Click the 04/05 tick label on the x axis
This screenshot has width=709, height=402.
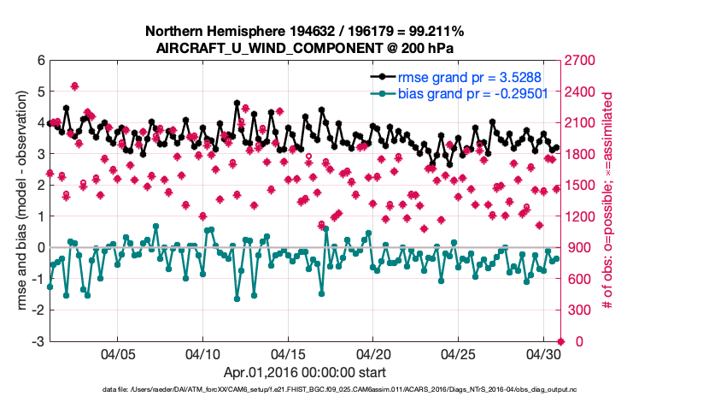[118, 353]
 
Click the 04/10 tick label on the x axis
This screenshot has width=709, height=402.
[202, 353]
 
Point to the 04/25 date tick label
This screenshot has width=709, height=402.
[459, 353]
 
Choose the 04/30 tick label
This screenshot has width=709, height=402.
[543, 353]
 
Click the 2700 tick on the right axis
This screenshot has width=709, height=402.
[583, 61]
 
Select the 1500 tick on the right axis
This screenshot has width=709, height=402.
[583, 186]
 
